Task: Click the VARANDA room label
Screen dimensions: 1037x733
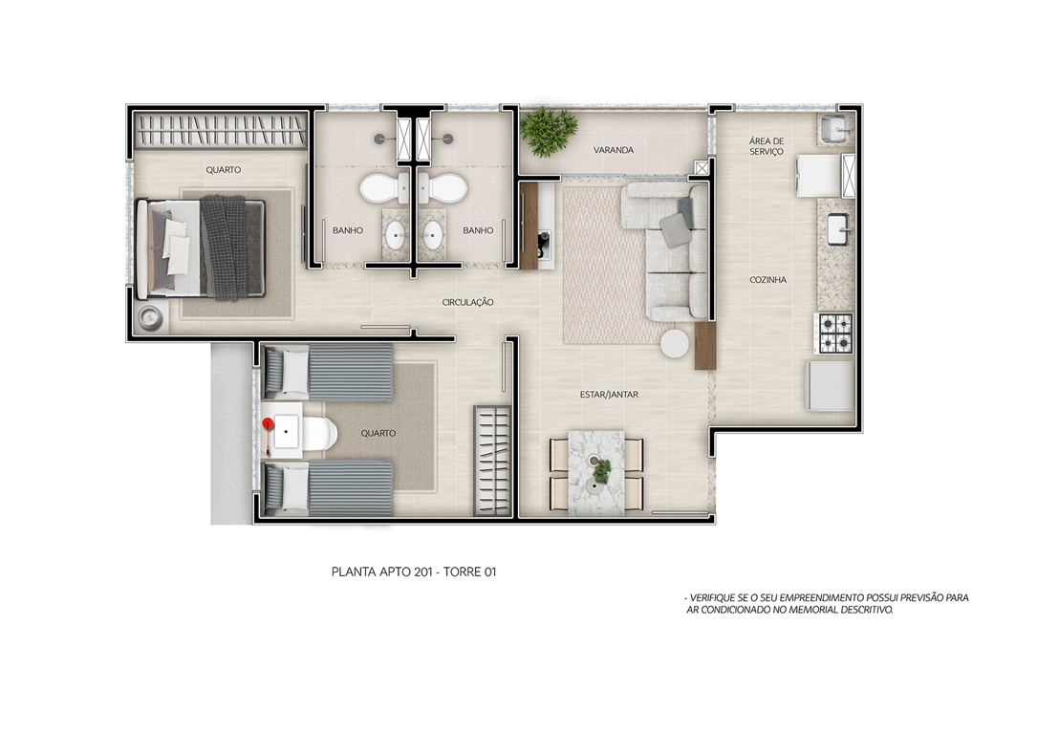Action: click(613, 150)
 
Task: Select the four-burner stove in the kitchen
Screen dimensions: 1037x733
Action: click(836, 333)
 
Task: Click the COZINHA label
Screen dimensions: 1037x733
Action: click(767, 280)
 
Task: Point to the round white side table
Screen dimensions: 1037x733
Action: click(675, 344)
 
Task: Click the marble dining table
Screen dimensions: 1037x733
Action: click(596, 472)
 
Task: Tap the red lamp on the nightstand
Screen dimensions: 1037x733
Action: click(268, 423)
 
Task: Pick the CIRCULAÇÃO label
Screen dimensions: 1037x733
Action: click(468, 302)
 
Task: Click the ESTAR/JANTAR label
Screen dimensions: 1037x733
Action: click(609, 395)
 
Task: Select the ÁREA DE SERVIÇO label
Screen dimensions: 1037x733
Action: click(767, 146)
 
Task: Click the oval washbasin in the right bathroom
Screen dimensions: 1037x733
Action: click(433, 235)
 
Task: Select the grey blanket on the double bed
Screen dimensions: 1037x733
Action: click(224, 248)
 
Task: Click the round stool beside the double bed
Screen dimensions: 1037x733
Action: click(150, 318)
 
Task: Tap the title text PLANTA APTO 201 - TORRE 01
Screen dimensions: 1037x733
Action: click(414, 571)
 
